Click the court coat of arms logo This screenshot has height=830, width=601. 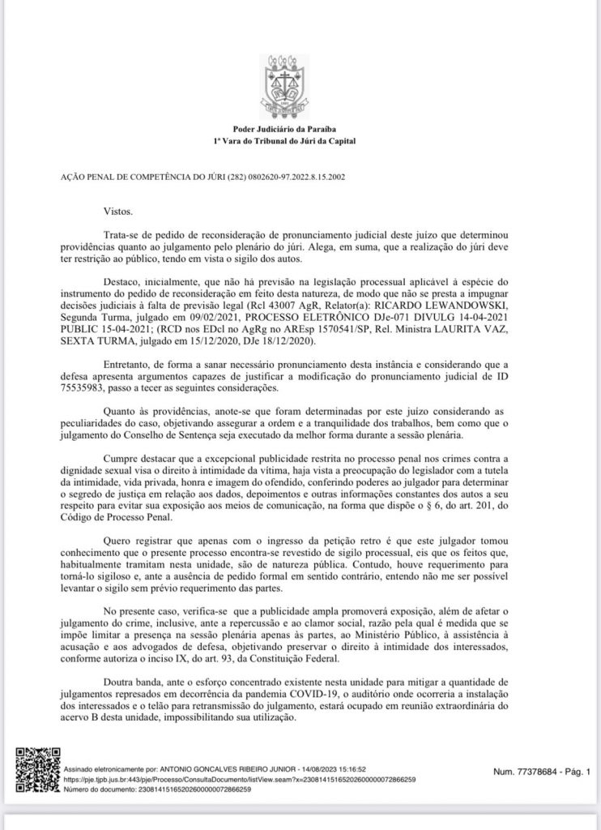point(300,85)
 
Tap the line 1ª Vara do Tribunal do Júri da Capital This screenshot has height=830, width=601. point(300,141)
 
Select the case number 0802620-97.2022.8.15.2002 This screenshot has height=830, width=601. point(294,176)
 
